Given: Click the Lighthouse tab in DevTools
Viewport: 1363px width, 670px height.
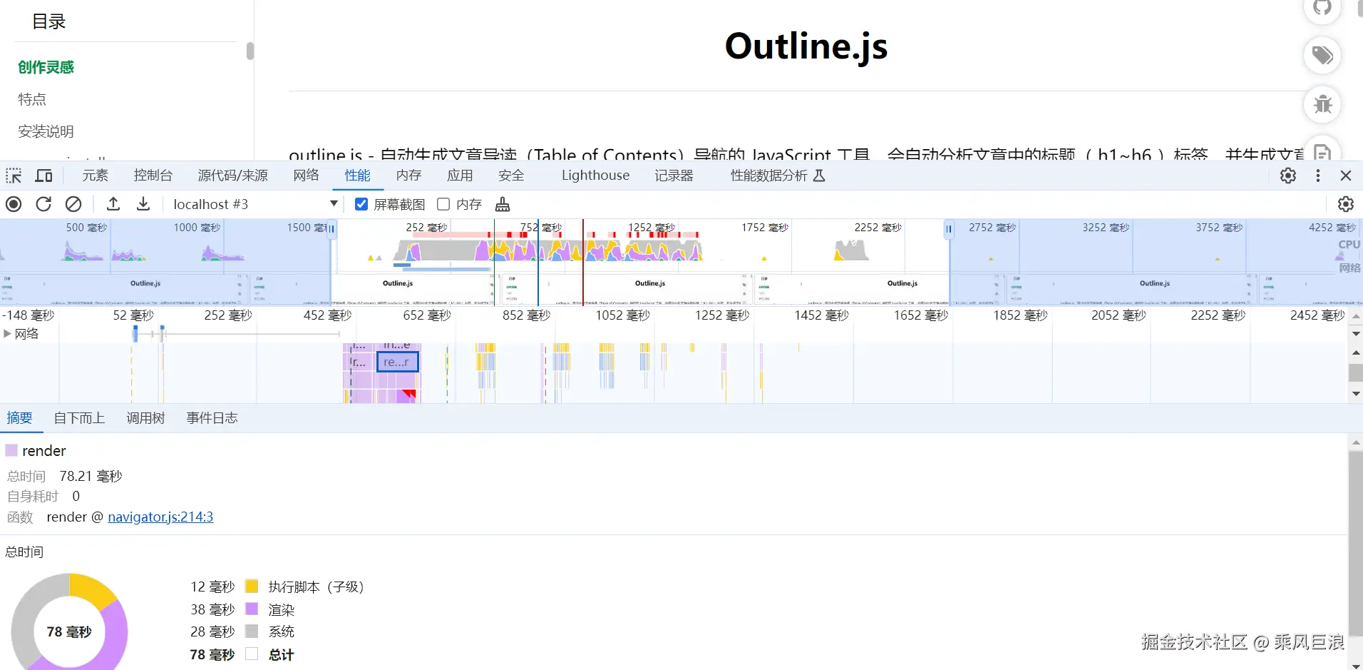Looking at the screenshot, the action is pos(595,176).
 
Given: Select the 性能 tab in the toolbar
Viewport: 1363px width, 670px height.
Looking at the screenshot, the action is pos(357,176).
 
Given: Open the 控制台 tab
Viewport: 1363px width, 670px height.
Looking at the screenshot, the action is pos(153,176).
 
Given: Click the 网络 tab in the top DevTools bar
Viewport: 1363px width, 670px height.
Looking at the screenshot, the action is pos(306,176).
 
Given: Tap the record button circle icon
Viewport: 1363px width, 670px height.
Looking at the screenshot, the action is pos(14,204).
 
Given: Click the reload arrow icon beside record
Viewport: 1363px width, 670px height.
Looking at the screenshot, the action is pos(43,204).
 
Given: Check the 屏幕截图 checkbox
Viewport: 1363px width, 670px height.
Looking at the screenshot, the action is pos(361,204).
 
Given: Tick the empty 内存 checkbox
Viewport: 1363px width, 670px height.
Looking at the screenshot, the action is pos(443,204).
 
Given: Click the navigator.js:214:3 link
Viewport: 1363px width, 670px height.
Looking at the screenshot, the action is pos(160,517).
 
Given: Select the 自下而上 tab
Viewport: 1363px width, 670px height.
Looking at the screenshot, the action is pos(79,418).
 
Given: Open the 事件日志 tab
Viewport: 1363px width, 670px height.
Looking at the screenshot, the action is pos(212,418).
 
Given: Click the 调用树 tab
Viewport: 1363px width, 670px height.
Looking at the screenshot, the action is pos(145,418).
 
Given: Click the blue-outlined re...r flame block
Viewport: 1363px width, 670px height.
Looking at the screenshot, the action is pos(397,362).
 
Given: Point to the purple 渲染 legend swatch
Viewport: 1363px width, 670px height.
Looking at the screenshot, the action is pos(252,609).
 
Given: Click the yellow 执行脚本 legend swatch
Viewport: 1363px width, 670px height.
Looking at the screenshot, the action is pos(252,587).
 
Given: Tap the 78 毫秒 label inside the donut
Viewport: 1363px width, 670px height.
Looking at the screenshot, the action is pos(69,632).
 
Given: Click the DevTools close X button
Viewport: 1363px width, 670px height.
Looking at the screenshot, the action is pos(1346,176).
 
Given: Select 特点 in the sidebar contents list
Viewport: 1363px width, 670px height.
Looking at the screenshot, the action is pos(32,99).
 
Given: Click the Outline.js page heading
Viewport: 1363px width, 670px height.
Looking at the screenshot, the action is pos(806,46).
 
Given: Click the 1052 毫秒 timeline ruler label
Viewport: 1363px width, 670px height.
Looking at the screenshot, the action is pos(622,315).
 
